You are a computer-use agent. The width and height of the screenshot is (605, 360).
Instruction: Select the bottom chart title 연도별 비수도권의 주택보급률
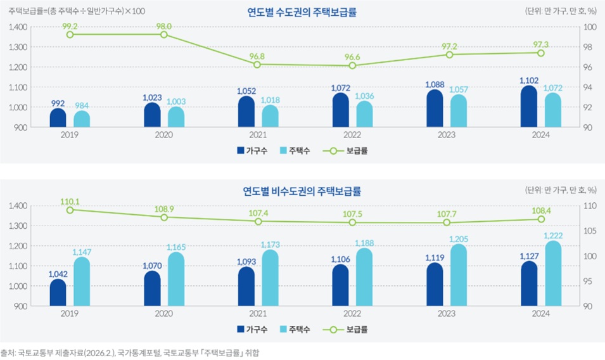302,191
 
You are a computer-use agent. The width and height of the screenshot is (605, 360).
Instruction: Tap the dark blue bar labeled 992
58,119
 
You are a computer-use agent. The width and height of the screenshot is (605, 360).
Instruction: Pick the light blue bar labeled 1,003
176,117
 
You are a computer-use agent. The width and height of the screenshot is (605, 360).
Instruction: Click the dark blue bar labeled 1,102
529,107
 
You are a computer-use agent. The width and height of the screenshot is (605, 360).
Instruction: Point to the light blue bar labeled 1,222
552,274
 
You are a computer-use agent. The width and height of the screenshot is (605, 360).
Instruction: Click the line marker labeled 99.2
70,34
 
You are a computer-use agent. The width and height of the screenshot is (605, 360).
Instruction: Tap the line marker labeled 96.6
352,65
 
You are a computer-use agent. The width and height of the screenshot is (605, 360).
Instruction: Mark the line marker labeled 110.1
70,209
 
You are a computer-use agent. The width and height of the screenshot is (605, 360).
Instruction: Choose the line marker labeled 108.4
541,219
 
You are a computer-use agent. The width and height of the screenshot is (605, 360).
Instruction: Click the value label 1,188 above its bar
364,243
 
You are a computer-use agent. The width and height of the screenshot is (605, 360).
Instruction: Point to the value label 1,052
246,91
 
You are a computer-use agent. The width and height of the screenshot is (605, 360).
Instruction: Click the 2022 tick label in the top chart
352,135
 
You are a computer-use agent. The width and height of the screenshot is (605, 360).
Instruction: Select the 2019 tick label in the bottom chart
70,313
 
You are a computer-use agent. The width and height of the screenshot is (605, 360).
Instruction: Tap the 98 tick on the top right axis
587,47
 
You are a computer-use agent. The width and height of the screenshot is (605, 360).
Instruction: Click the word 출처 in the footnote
8,352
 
